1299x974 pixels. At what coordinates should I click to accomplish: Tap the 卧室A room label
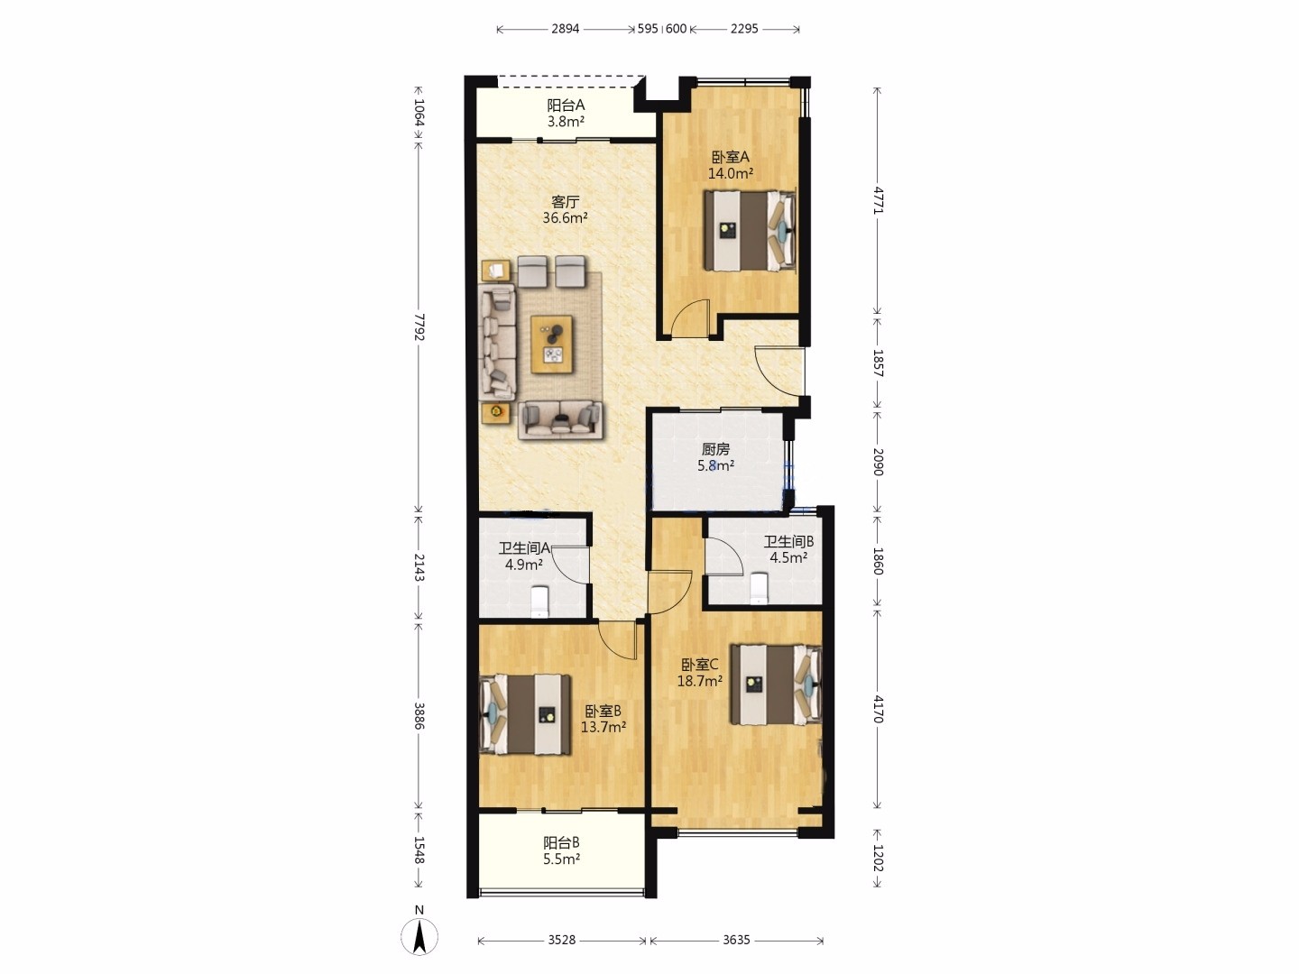pyautogui.click(x=731, y=157)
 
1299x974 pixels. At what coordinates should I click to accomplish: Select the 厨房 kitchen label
pyautogui.click(x=715, y=449)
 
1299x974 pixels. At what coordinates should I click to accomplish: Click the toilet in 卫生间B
pyautogui.click(x=758, y=588)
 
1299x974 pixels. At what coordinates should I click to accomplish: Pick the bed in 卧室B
pyautogui.click(x=526, y=715)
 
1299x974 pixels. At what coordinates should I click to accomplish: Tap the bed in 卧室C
pyautogui.click(x=776, y=685)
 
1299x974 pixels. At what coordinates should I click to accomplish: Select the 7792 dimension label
pyautogui.click(x=419, y=327)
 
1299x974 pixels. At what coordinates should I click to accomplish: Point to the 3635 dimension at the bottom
pyautogui.click(x=736, y=940)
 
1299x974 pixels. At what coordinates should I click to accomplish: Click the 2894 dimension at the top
pyautogui.click(x=566, y=28)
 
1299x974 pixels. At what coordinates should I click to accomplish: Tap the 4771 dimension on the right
pyautogui.click(x=878, y=200)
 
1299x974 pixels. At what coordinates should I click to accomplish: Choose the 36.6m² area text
pyautogui.click(x=566, y=217)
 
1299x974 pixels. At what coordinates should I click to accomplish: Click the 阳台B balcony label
pyautogui.click(x=561, y=842)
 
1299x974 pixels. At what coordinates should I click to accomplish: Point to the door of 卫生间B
pyautogui.click(x=723, y=556)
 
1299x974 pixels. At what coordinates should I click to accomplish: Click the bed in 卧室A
pyautogui.click(x=750, y=231)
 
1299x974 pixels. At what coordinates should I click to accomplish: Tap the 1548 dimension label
pyautogui.click(x=419, y=850)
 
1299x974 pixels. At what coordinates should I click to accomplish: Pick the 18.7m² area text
pyautogui.click(x=699, y=681)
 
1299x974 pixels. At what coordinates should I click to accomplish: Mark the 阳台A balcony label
pyautogui.click(x=566, y=106)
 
